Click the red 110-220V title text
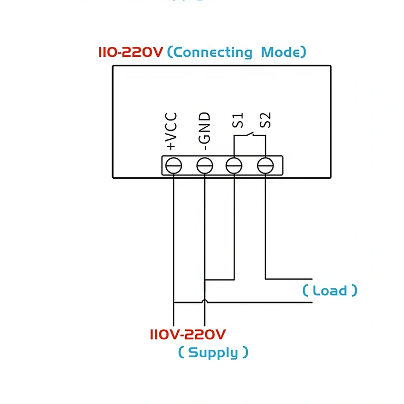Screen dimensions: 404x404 tap(131, 52)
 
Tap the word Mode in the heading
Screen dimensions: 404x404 tap(281, 52)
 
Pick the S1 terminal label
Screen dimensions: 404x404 tap(238, 120)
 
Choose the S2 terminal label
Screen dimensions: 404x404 tap(266, 120)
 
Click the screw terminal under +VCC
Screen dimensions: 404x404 tap(174, 166)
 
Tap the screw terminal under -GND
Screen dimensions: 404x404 tap(204, 166)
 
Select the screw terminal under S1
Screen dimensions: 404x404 tap(234, 166)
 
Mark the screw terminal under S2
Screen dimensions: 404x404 tap(265, 166)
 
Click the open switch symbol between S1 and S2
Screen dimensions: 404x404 tap(250, 135)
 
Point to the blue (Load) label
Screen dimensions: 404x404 tap(330, 290)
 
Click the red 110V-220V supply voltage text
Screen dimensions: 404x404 tap(188, 335)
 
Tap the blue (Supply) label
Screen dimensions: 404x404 tap(213, 352)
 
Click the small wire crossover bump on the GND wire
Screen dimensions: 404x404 tap(205, 301)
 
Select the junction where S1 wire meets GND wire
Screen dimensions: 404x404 tap(205, 279)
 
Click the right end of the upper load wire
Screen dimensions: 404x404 tap(312, 279)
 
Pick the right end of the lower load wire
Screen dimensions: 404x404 tap(312, 302)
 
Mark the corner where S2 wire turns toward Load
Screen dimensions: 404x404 tap(265, 279)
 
